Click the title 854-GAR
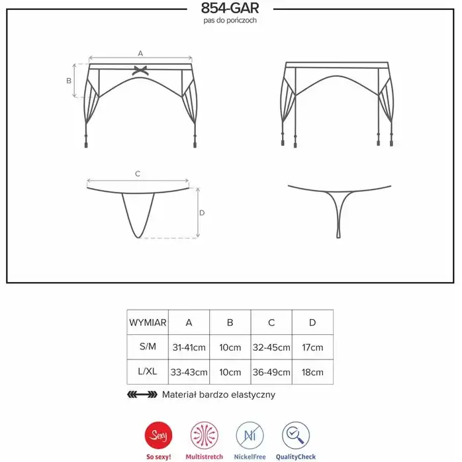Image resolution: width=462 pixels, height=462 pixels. (x=230, y=8)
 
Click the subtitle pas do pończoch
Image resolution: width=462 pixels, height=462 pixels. (x=230, y=21)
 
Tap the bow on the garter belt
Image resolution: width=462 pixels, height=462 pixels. (x=140, y=70)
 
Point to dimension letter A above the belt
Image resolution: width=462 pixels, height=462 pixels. (x=140, y=54)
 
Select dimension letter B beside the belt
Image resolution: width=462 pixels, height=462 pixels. (x=69, y=81)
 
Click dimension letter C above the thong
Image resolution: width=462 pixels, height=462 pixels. (x=138, y=174)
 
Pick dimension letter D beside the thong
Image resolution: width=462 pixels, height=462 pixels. (x=202, y=212)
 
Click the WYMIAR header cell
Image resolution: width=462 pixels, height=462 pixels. (x=148, y=322)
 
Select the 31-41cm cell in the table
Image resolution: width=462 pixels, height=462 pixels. (x=189, y=347)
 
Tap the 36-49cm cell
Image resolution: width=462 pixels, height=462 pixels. (x=271, y=372)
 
